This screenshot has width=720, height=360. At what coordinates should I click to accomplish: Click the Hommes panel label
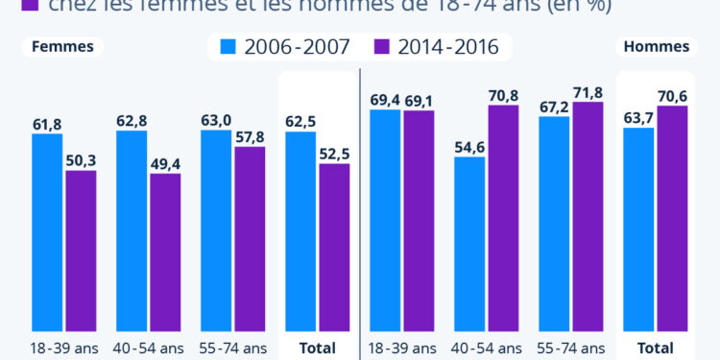657,47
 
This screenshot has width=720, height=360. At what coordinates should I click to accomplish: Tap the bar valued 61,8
47,230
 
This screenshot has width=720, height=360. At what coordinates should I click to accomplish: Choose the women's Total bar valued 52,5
334,245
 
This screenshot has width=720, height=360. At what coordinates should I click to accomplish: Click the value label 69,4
385,100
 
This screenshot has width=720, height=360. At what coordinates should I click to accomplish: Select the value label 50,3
81,160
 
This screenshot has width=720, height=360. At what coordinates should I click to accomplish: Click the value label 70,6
672,96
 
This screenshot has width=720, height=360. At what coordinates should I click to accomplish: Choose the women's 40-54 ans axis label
149,348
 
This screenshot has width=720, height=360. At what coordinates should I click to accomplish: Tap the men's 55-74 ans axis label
571,348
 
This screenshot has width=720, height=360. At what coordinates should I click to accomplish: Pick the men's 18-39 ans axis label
402,348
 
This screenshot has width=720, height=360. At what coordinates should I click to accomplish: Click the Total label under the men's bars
656,348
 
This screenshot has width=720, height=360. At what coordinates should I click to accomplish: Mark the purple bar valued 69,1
419,221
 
